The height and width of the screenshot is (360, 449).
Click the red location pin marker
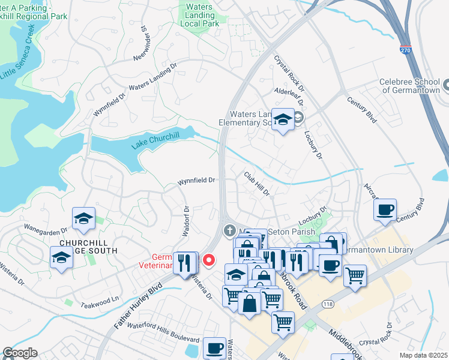[209, 260]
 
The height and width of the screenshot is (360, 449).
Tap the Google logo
[20, 353]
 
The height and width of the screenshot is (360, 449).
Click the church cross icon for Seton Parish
[229, 230]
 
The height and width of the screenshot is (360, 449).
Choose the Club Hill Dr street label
[258, 184]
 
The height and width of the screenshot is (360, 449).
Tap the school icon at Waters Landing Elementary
[282, 120]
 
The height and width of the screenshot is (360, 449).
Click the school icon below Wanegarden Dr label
[83, 219]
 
